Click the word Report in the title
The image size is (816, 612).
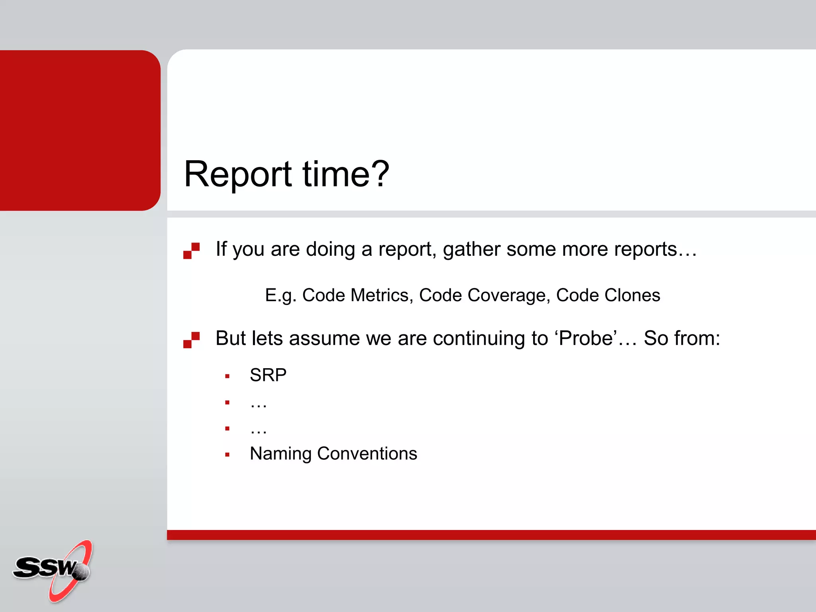click(238, 174)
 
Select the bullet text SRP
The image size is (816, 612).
click(268, 375)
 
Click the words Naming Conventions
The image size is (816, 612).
click(333, 453)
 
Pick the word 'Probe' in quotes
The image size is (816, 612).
click(586, 338)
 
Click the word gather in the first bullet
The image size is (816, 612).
click(471, 249)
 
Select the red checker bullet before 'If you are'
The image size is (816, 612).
click(191, 251)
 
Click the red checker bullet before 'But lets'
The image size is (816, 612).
click(191, 340)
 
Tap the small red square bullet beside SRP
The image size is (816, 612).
click(227, 376)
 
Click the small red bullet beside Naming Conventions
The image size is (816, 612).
click(227, 455)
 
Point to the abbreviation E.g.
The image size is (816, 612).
click(280, 295)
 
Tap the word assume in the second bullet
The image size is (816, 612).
click(324, 338)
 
